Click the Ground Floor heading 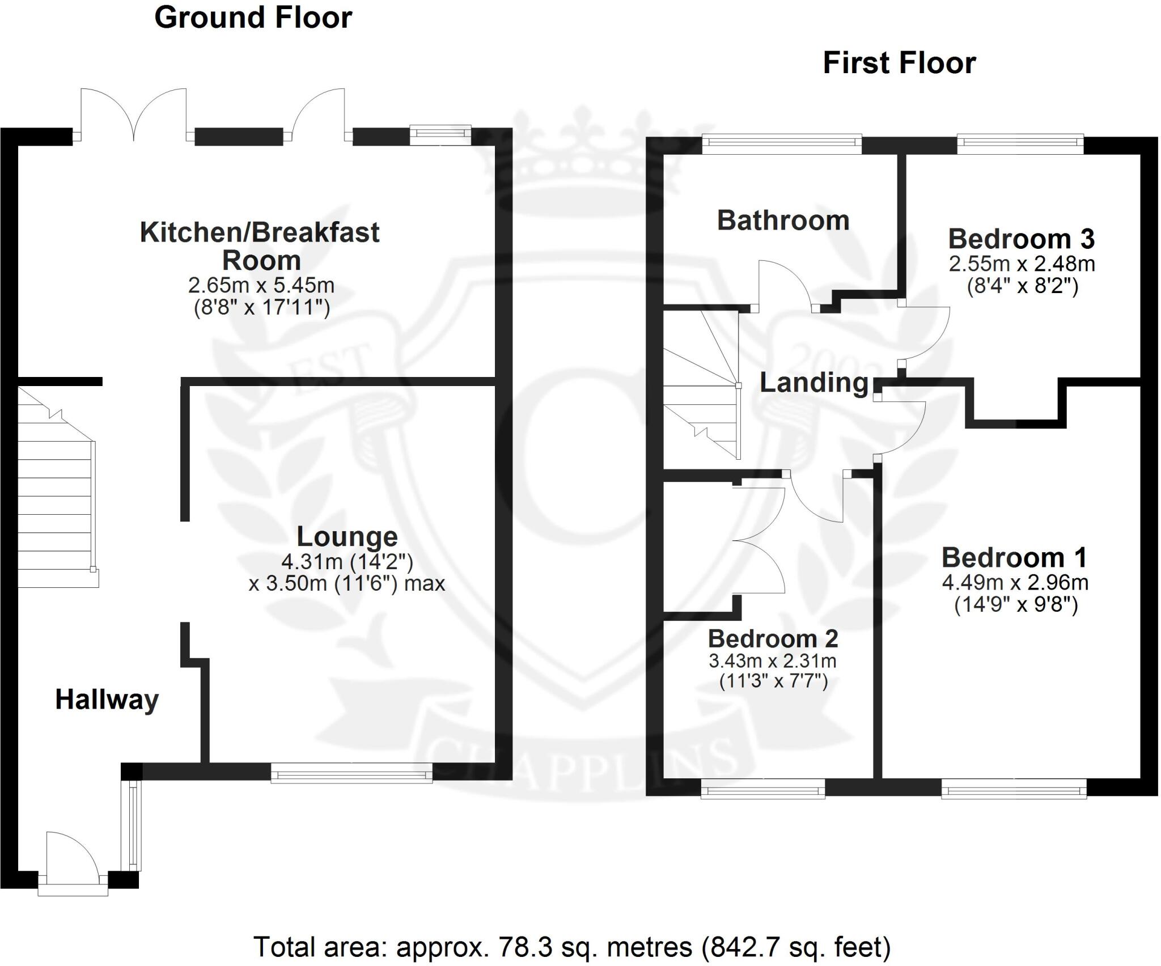pos(253,18)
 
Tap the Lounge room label pos(347,536)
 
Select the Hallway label pos(107,700)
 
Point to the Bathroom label pos(783,221)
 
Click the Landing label pos(814,383)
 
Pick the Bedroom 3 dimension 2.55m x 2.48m pos(1022,264)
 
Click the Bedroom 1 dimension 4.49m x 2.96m pos(1015,582)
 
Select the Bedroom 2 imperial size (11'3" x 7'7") pos(773,680)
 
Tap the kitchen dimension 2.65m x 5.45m pos(261,285)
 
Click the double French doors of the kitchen pos(134,116)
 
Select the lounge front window pos(351,773)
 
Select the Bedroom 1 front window pos(1014,789)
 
